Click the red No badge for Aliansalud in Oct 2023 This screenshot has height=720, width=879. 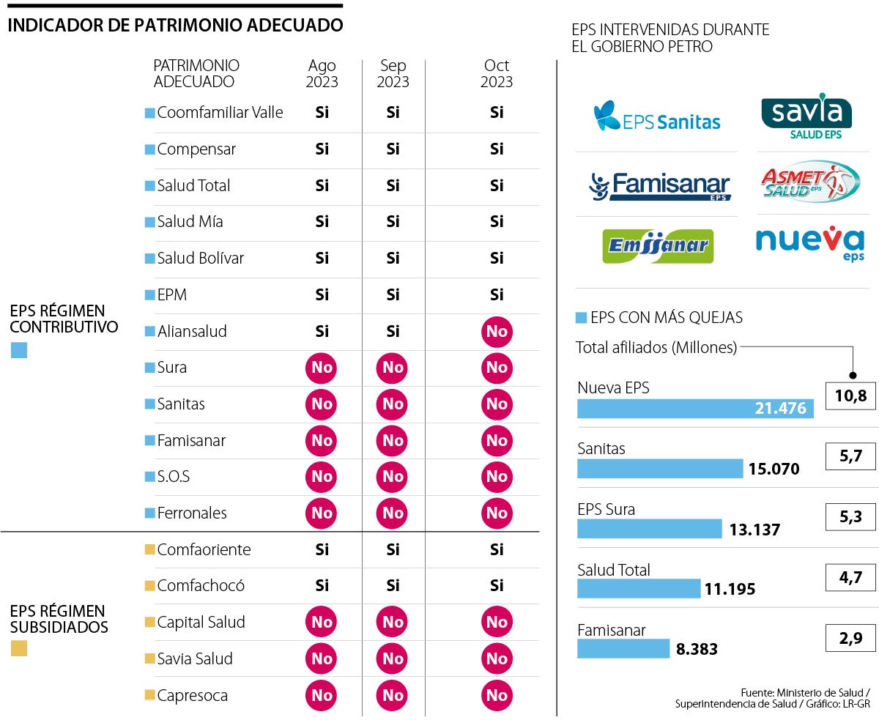497,332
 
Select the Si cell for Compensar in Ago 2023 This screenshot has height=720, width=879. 322,149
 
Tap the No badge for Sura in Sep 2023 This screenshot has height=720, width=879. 393,368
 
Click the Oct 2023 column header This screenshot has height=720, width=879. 497,74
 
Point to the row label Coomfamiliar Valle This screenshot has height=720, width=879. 220,113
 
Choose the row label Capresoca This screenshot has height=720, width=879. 192,696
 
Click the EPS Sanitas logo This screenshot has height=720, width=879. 656,117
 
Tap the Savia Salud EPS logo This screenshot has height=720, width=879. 806,116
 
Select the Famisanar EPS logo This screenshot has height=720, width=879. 660,186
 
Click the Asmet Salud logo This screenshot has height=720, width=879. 809,182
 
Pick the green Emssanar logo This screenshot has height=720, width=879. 657,246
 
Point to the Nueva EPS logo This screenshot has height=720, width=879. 809,242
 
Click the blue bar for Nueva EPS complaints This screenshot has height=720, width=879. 695,409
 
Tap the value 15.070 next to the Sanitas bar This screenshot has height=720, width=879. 774,469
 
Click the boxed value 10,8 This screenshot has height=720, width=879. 850,396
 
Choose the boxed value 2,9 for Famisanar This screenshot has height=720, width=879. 850,638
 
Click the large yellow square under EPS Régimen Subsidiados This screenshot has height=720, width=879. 19,648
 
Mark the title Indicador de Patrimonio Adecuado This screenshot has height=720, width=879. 175,26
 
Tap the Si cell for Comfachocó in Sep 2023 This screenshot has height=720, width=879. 393,586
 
